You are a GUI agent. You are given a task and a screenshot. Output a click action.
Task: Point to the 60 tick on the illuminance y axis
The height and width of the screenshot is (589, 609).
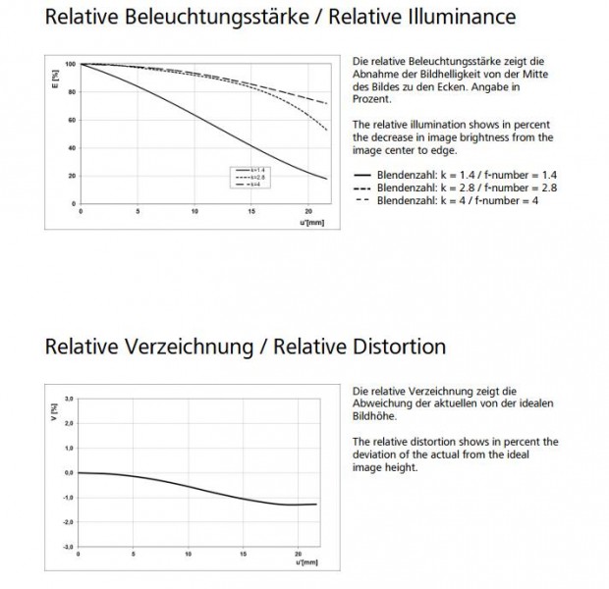[70, 121]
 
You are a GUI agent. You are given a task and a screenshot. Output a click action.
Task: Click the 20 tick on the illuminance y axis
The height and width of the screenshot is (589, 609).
[70, 176]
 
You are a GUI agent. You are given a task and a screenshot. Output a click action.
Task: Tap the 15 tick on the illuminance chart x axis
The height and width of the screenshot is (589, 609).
[252, 212]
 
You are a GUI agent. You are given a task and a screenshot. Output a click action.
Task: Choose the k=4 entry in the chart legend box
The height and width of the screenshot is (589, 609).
[245, 185]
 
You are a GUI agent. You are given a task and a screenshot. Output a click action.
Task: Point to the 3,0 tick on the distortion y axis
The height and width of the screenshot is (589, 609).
[69, 398]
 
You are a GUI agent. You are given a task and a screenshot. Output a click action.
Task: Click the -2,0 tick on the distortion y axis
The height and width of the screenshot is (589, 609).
[69, 521]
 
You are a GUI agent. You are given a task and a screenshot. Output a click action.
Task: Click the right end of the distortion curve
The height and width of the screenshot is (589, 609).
[316, 504]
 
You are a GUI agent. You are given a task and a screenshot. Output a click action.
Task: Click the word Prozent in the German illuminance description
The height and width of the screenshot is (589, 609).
[371, 99]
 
